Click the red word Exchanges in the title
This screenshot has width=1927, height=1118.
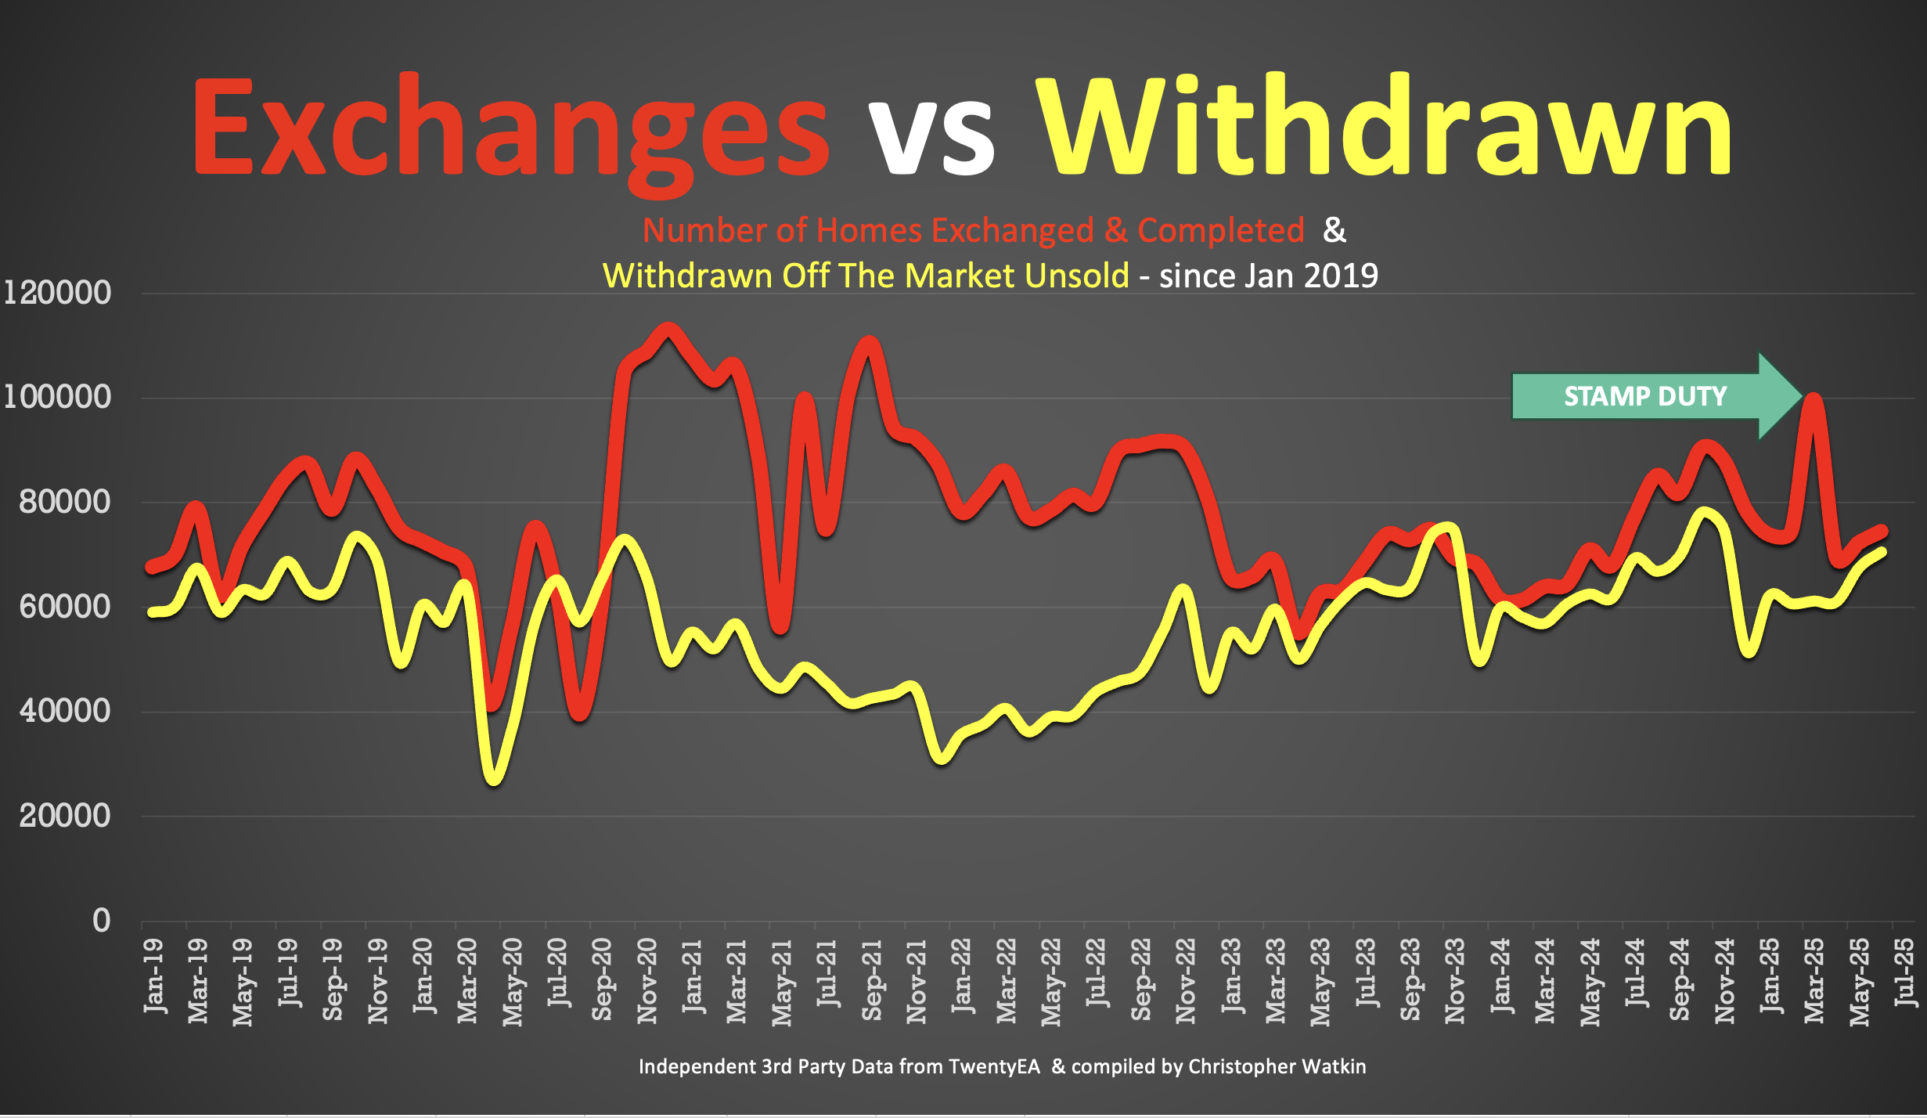(510, 129)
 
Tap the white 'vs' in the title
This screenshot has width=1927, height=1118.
(931, 133)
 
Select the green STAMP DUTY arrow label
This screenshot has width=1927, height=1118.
(1645, 396)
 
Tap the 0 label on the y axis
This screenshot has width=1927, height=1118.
(102, 921)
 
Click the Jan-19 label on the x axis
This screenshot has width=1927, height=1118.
(154, 976)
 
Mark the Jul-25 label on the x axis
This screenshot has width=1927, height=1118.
(1905, 972)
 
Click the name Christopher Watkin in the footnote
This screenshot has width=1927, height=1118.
(1277, 1066)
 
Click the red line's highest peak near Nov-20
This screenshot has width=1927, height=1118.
(668, 329)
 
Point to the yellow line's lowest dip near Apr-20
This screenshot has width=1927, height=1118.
(494, 778)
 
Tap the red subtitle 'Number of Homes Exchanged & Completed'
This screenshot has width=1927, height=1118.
(973, 230)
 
